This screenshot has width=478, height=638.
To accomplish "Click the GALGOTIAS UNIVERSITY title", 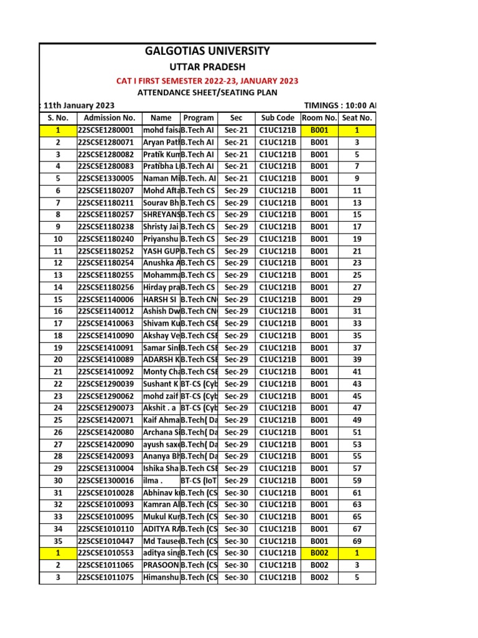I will [208, 51].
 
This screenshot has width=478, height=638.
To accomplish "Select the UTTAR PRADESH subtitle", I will [208, 67].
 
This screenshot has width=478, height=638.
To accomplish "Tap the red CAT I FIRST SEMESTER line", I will [208, 81].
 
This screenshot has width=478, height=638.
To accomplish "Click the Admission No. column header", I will [109, 118].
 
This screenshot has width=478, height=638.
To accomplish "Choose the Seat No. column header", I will [357, 118].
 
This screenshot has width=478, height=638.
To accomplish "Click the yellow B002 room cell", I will [319, 553].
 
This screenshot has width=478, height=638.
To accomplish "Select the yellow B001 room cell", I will [319, 130].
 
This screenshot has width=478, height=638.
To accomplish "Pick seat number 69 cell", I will [357, 541].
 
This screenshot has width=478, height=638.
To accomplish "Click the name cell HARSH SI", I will [160, 299].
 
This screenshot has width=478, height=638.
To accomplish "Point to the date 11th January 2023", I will [75, 105].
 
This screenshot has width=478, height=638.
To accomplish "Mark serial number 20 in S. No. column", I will [58, 359].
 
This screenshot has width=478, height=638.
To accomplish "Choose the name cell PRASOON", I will [161, 565].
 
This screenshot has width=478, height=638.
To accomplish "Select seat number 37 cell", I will [357, 348].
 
